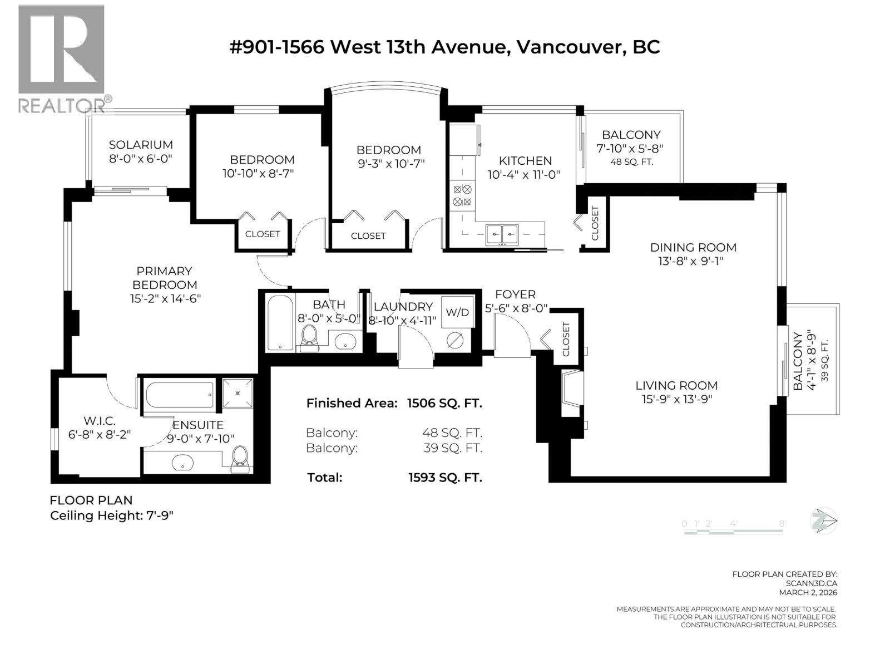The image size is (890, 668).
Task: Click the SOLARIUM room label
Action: tap(140, 145)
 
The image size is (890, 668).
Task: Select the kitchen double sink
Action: tap(502, 234)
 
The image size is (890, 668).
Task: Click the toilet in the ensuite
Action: tap(240, 459)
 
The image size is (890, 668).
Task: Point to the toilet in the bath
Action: tap(309, 337)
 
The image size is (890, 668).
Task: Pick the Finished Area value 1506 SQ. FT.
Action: tap(444, 403)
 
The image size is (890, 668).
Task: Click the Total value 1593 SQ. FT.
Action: tap(444, 477)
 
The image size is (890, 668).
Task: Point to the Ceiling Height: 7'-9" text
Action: tap(112, 515)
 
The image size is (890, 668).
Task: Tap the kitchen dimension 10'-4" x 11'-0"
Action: tap(525, 174)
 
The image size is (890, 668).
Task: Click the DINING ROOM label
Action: tap(693, 247)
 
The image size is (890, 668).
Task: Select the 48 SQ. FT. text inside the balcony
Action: tap(631, 162)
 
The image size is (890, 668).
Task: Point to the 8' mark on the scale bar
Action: tap(782, 523)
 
